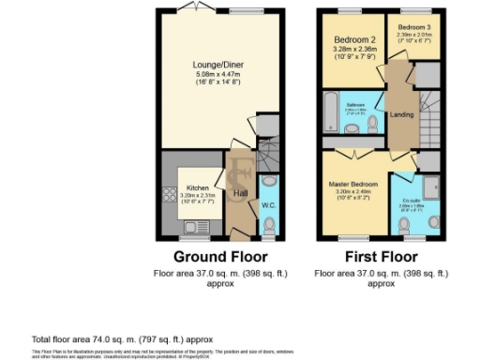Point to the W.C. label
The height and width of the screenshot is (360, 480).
(268, 204)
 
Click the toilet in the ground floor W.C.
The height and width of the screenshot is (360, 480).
(270, 225)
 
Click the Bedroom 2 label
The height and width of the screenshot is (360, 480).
(350, 40)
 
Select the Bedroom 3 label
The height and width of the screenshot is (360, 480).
(411, 28)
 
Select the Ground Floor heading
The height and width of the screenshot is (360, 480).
(221, 256)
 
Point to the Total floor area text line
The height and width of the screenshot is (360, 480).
(123, 338)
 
